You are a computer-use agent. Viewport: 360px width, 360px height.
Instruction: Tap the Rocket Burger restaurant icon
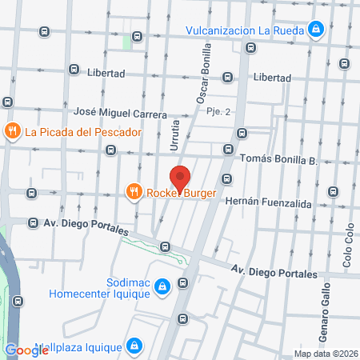coord(133,191)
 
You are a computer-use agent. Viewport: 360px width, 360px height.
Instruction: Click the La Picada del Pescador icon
coord(12,131)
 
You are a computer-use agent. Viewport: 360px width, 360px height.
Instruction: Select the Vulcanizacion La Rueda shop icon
coord(317,30)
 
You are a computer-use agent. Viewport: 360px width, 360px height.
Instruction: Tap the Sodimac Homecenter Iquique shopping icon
coord(162,286)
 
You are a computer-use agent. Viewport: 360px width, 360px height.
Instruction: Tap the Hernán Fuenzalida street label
coord(266,203)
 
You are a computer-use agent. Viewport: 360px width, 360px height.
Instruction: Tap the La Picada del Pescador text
coord(83,131)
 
